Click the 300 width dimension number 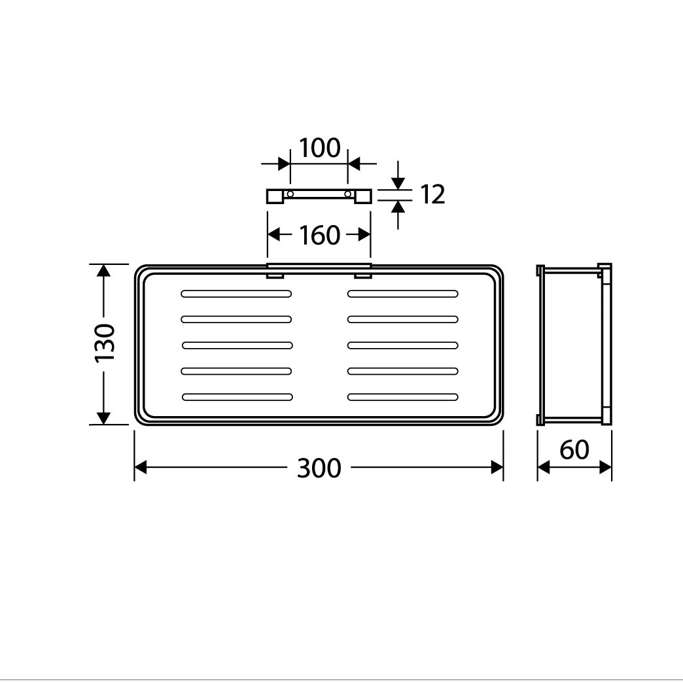point(319,468)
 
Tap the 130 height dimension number point(105,343)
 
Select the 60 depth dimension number point(574,450)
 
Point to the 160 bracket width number point(319,235)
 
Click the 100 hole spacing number point(319,149)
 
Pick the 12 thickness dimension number point(432,194)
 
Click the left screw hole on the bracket point(290,194)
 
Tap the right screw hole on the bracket point(348,194)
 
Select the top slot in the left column point(236,293)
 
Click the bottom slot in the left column point(237,396)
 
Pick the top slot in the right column point(402,293)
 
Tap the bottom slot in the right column point(403,396)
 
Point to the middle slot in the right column point(402,345)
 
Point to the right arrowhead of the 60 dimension point(606,467)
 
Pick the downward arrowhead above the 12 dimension point(398,183)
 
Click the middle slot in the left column point(237,345)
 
